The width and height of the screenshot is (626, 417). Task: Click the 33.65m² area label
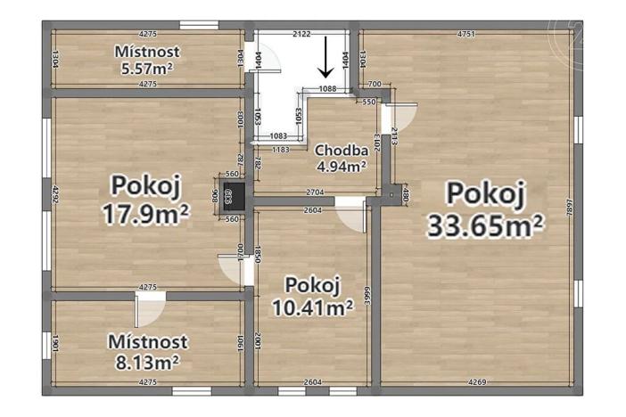tap(486, 226)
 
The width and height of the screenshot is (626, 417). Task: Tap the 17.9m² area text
tap(149, 215)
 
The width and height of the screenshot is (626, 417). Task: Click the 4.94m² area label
tap(342, 165)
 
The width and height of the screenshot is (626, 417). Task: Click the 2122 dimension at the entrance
tap(301, 34)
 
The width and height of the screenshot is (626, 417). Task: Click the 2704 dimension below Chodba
tap(315, 192)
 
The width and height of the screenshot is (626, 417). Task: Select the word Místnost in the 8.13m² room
tap(147, 341)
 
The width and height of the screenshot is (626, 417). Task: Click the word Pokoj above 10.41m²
tap(313, 285)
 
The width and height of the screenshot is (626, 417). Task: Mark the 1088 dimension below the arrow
tap(328, 88)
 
